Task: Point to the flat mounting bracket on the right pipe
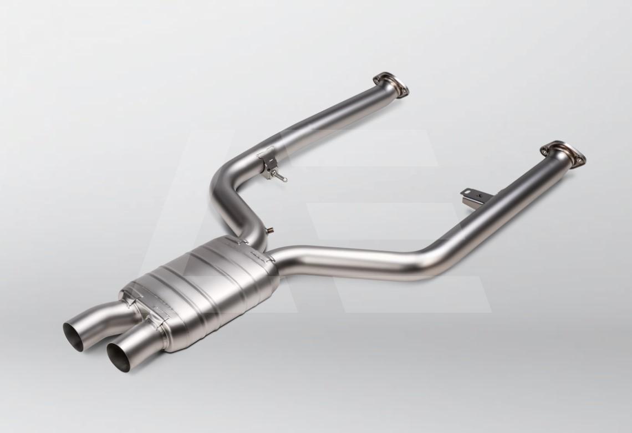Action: pos(471,197)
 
